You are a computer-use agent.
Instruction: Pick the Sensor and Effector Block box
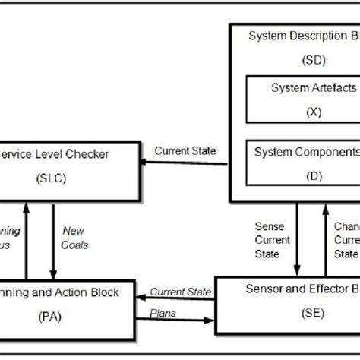pos(287,302)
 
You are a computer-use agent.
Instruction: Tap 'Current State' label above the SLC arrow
pos(185,150)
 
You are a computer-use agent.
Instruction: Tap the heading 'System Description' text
pos(297,36)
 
